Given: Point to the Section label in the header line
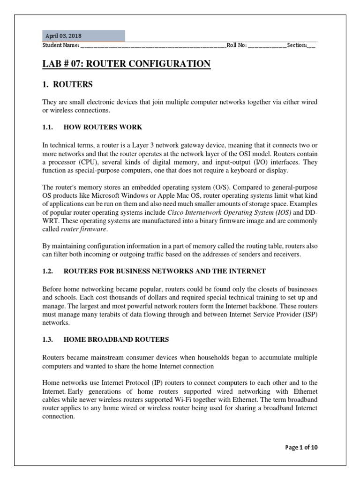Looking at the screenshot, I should pyautogui.click(x=297, y=45).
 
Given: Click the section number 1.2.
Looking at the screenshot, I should pyautogui.click(x=48, y=271).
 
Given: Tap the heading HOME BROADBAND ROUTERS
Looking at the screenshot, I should pyautogui.click(x=116, y=339).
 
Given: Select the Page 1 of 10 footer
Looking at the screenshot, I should pyautogui.click(x=301, y=448).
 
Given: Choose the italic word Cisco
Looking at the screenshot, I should pyautogui.click(x=177, y=213).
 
